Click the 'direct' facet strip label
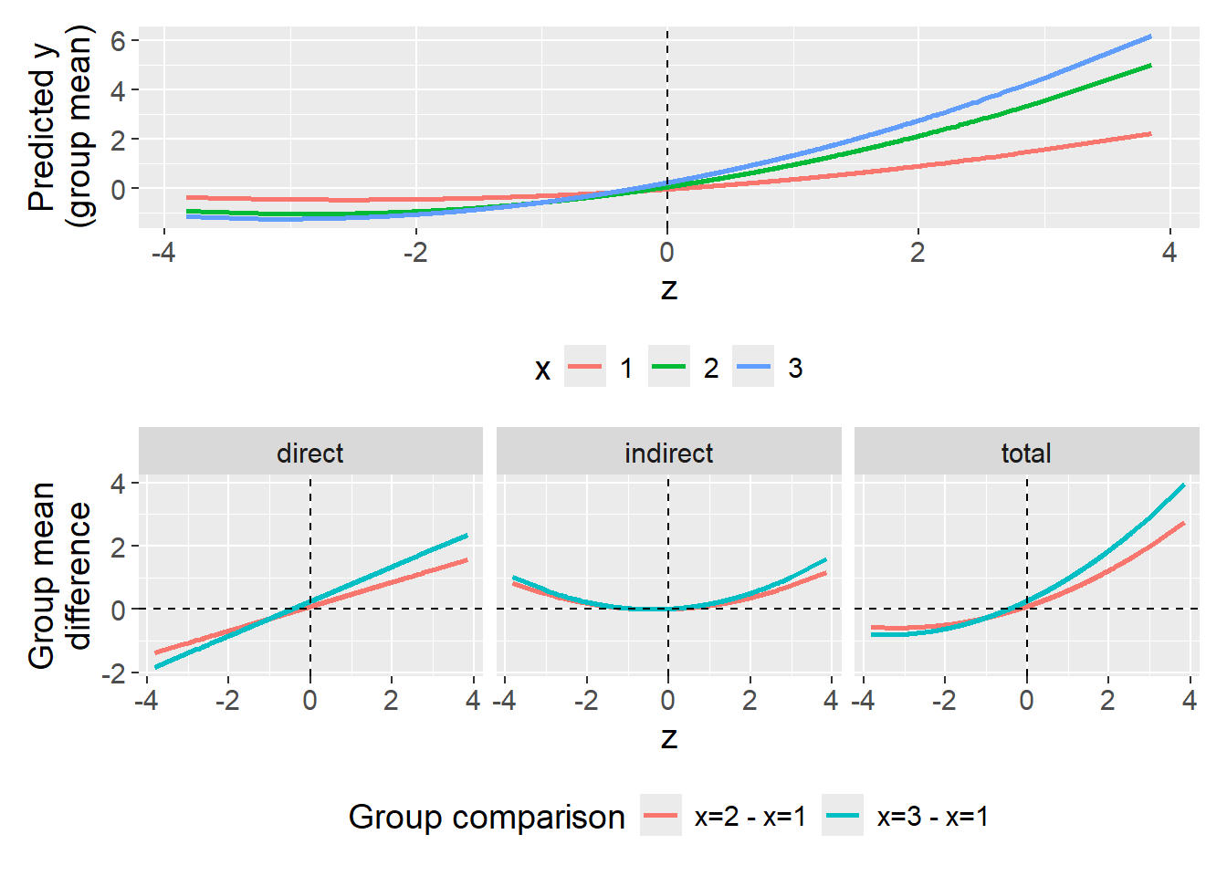coord(310,453)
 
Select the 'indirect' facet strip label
coord(668,453)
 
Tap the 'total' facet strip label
coord(1026,453)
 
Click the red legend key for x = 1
coord(585,368)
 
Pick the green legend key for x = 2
coord(669,368)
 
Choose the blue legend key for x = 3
coord(753,368)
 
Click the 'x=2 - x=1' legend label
coord(750,817)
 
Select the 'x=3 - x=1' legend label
coord(932,817)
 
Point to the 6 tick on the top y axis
coord(119,40)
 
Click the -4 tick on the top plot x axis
coord(163,253)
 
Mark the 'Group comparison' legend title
coord(486,817)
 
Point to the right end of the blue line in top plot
coord(1150,36)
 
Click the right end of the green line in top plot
coord(1150,66)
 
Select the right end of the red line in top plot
coord(1150,134)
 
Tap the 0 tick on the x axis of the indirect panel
coord(668,701)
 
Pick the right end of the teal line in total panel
coord(1184,485)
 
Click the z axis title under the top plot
coord(668,290)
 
